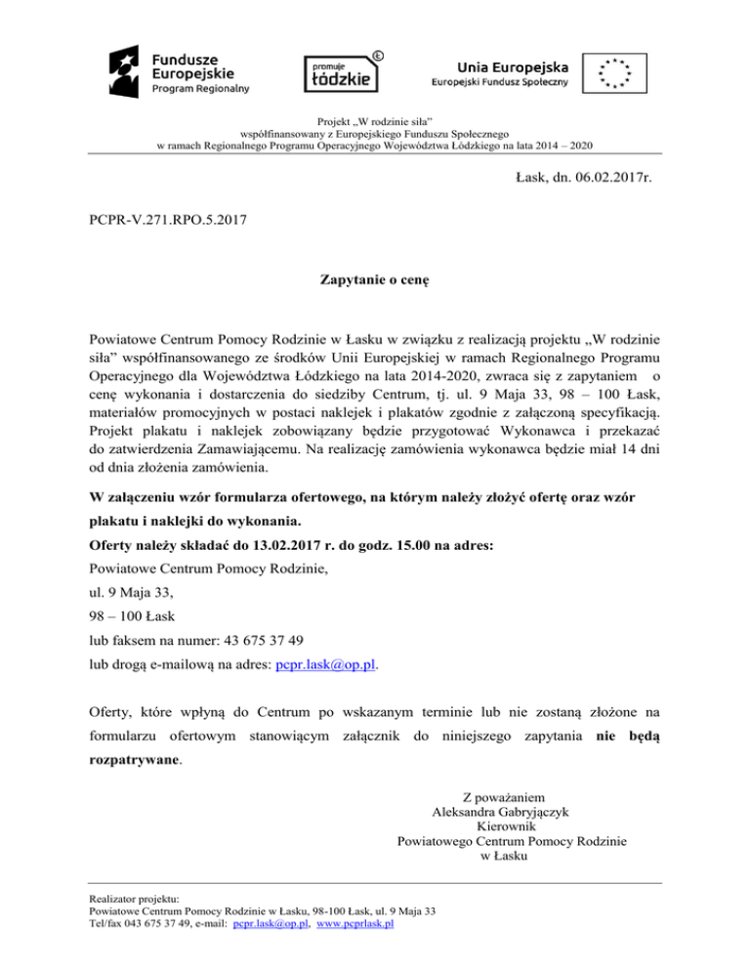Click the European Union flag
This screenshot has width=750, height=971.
coord(615,71)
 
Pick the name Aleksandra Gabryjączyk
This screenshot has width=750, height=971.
coord(501,810)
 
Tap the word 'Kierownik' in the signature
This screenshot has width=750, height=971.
coord(500,825)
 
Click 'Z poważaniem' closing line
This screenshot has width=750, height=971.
coord(501,794)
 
